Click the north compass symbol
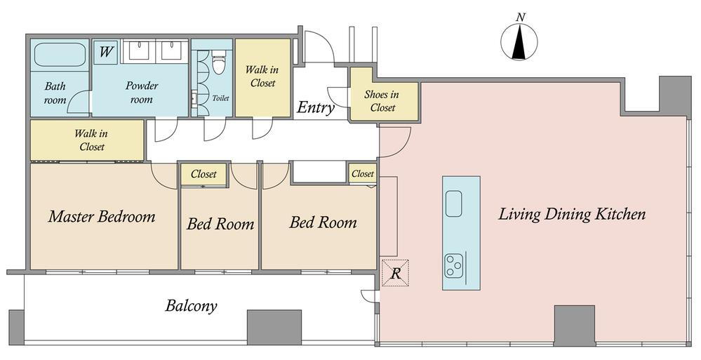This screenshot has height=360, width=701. (x=519, y=42)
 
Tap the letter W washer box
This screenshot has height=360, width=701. (x=105, y=53)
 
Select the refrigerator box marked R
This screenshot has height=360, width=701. (x=395, y=272)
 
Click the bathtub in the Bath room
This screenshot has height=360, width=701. (x=60, y=55)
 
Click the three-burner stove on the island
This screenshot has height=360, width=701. (x=453, y=265)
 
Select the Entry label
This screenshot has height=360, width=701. (x=316, y=107)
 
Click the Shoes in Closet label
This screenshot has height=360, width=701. (x=382, y=101)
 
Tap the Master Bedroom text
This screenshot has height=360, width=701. (x=102, y=216)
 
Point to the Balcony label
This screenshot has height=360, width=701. (x=191, y=306)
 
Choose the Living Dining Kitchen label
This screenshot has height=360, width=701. (x=572, y=214)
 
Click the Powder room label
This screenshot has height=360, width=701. (x=141, y=92)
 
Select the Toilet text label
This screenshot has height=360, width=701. (x=220, y=98)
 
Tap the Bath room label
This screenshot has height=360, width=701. (x=55, y=93)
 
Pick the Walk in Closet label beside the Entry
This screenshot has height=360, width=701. (x=262, y=76)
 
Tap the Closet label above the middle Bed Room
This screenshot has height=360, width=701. (x=203, y=174)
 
